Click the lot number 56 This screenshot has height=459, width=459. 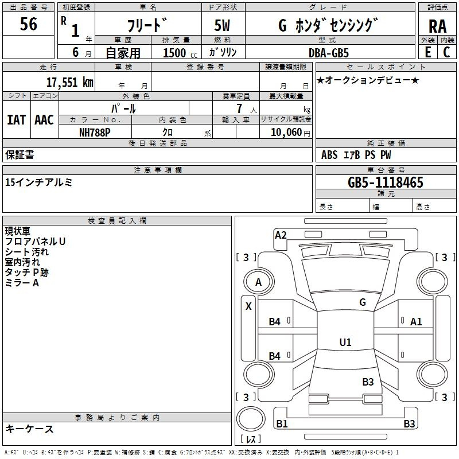28,24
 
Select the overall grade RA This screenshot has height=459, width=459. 437,26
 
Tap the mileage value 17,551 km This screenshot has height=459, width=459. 69,83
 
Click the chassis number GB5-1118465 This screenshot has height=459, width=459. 385,182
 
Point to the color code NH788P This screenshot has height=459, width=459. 95,133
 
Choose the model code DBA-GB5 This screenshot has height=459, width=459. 329,53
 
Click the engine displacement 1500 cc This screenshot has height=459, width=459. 180,53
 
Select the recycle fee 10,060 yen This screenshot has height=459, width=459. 290,133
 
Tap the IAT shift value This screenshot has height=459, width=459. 16,120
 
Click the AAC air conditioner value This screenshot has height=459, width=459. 44,120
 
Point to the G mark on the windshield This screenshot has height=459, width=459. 363,302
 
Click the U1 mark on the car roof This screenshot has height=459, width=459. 345,342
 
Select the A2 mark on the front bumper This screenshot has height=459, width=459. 281,235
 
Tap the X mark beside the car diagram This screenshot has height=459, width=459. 248,306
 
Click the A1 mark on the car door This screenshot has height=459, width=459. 415,322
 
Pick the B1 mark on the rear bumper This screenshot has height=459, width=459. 282,423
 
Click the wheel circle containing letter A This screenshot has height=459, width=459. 259,282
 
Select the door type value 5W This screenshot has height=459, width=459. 222,25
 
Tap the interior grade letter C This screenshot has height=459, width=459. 446,52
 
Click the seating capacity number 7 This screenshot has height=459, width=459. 239,108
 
